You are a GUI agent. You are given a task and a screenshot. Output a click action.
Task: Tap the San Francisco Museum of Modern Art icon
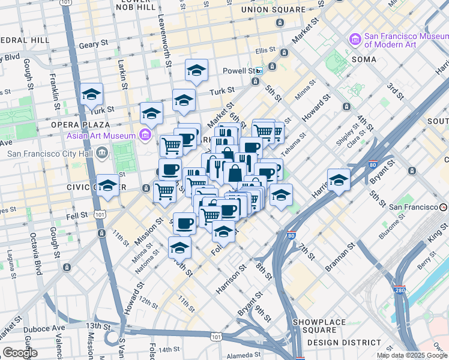click(355, 40)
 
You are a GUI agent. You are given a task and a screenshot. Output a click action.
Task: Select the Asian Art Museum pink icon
click(145, 136)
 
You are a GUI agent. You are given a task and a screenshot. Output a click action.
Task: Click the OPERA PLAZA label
click(74, 124)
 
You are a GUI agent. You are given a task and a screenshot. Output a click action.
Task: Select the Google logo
click(19, 353)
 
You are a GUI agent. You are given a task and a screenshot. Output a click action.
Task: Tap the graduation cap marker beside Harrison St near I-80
click(339, 180)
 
